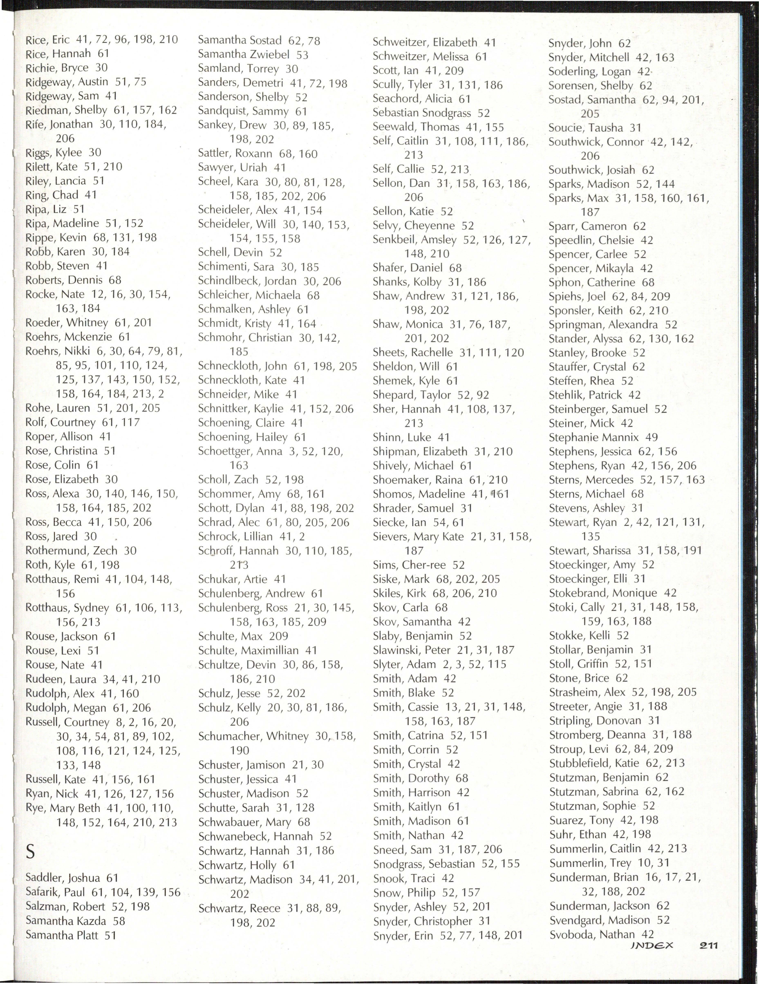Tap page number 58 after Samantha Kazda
(x=119, y=921)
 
